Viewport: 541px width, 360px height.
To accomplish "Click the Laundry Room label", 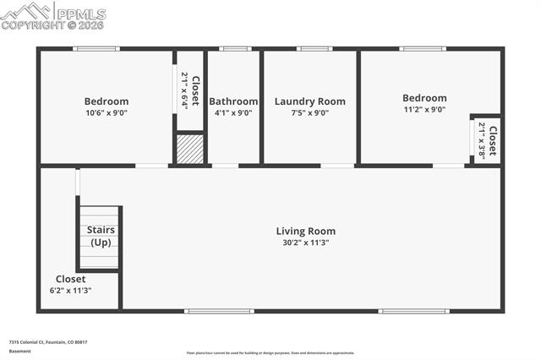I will (x=309, y=101).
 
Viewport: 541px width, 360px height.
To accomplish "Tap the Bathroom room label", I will (x=233, y=101).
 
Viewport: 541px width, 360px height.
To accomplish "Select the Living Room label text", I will (x=306, y=231).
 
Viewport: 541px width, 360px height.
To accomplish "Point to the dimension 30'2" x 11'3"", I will (x=306, y=243).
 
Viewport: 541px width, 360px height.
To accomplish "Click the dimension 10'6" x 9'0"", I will (x=107, y=113).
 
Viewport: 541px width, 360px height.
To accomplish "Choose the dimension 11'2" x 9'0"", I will (x=424, y=109).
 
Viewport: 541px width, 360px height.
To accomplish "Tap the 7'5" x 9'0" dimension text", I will (x=309, y=113).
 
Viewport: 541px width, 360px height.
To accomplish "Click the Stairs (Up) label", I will (x=101, y=236).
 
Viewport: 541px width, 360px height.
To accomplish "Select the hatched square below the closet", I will (x=190, y=149).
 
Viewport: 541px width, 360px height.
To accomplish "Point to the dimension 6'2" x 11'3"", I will (x=70, y=291).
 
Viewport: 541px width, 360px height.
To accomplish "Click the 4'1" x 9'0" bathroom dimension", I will (x=233, y=113).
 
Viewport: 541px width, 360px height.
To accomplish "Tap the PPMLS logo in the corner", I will (x=53, y=16).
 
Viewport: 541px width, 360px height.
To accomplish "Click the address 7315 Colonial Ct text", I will (x=48, y=342).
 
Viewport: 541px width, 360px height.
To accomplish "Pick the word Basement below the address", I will (x=19, y=351).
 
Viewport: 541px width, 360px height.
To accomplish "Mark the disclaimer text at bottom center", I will (x=270, y=353).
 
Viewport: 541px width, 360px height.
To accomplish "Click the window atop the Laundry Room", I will (x=314, y=49).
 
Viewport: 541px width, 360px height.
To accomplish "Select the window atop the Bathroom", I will (x=234, y=49).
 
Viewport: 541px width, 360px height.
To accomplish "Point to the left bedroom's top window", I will (x=96, y=49).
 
